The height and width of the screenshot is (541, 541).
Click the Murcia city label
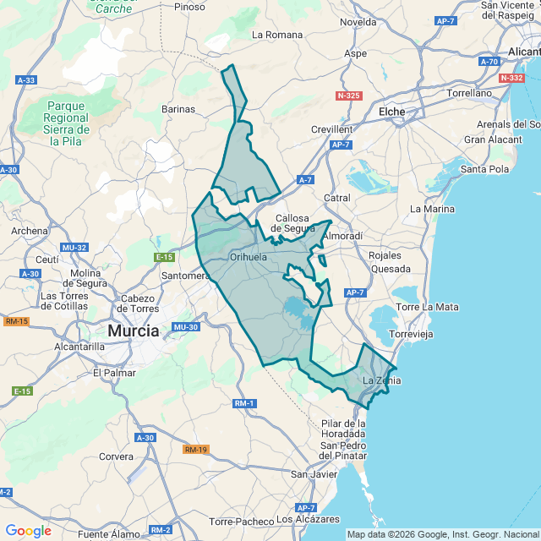pos(134,331)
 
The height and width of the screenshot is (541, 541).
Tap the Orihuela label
pos(249,257)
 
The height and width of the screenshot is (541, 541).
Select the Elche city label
pos(391,112)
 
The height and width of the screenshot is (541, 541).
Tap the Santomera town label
pos(185,276)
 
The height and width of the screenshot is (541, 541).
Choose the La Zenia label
pos(382,380)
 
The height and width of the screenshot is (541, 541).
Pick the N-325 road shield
pos(348,96)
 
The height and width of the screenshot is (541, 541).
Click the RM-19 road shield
pos(195,450)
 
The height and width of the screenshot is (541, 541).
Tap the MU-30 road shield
pos(184,327)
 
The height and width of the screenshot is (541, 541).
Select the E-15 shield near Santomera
pos(164,257)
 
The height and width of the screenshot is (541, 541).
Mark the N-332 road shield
pos(511,78)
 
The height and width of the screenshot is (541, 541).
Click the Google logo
pos(28,531)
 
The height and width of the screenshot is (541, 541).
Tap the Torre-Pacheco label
pos(241,522)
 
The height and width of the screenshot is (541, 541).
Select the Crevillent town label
pos(331,129)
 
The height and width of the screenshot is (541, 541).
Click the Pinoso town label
pos(189,7)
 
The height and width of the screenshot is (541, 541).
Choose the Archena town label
pos(30,231)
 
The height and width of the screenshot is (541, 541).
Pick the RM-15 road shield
pos(16,321)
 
